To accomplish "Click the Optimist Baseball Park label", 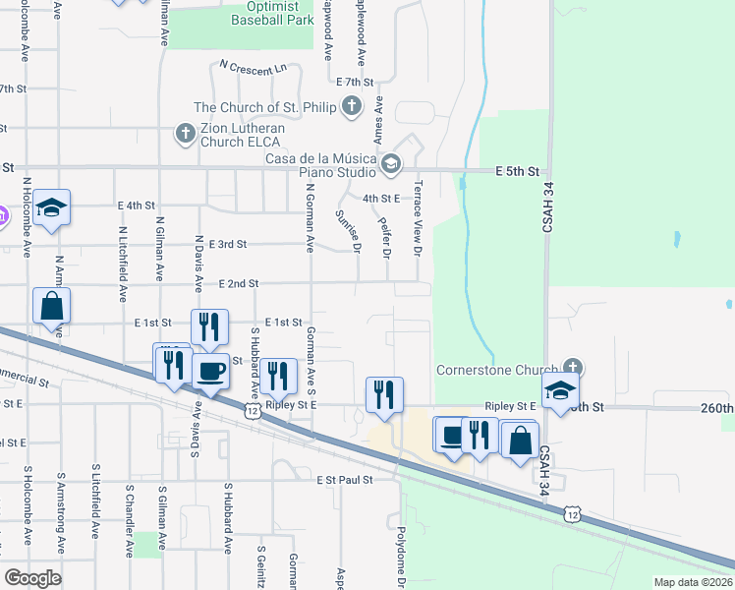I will point(272,13).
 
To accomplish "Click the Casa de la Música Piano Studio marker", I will point(391,163).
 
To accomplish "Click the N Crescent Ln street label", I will point(253,68).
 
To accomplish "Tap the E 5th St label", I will point(519,171).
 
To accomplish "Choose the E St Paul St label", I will point(345,480).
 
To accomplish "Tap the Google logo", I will point(33,578).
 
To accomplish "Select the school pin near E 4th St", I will point(52,207).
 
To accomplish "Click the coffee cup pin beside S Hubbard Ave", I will point(210,372).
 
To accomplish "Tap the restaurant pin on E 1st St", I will point(209,327).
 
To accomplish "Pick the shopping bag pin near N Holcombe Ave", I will point(52,306).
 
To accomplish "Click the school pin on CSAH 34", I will point(559,390).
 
